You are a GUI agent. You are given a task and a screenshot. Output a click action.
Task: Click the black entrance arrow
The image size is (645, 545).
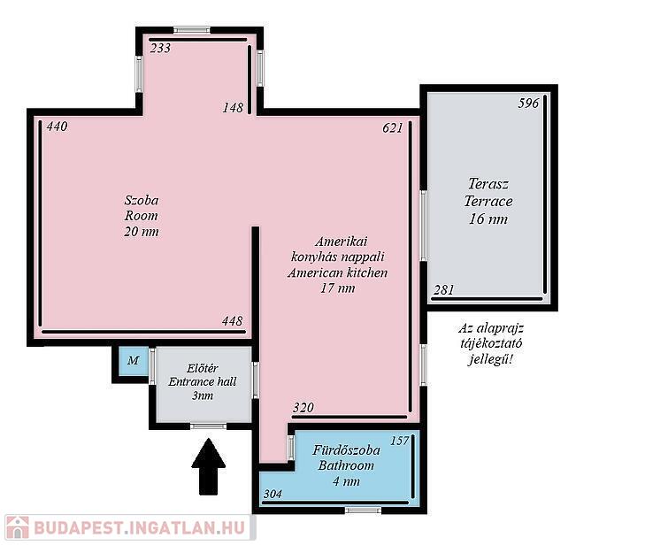pyautogui.click(x=209, y=467)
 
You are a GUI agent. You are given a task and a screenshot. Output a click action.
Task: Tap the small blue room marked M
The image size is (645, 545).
pyautogui.click(x=133, y=361)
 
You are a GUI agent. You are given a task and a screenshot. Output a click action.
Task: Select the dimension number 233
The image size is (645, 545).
pyautogui.click(x=160, y=49)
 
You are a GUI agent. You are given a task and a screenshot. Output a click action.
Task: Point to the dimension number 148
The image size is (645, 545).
pyautogui.click(x=233, y=108)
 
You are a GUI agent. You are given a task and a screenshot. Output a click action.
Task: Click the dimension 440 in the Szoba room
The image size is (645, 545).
pyautogui.click(x=57, y=127)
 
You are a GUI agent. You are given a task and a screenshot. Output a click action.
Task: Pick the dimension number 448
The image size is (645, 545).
pyautogui.click(x=233, y=321)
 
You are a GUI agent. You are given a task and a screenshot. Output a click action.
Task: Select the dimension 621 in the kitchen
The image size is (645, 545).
pyautogui.click(x=393, y=128)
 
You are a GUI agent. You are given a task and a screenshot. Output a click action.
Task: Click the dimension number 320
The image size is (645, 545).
pyautogui.click(x=303, y=408)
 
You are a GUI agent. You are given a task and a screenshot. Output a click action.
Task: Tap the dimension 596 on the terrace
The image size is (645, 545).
pyautogui.click(x=528, y=103)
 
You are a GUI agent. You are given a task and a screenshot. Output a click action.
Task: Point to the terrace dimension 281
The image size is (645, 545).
pyautogui.click(x=444, y=290)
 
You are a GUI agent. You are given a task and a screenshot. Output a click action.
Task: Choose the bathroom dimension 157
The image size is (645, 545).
pyautogui.click(x=399, y=441)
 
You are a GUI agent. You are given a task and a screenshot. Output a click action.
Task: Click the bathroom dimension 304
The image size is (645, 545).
pyautogui.click(x=273, y=494)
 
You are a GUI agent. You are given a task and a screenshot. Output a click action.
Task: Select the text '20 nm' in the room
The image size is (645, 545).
pyautogui.click(x=142, y=232)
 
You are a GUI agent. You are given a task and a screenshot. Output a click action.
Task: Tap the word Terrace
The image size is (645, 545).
pyautogui.click(x=488, y=201)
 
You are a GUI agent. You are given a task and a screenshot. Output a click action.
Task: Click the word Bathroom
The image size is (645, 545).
pyautogui.click(x=346, y=465)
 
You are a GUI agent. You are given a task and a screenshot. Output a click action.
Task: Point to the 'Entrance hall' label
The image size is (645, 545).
pyautogui.click(x=203, y=381)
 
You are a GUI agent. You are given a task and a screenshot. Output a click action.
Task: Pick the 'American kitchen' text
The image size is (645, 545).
pyautogui.click(x=337, y=272)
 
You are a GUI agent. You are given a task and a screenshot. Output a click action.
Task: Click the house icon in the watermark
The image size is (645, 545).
pyautogui.click(x=17, y=527)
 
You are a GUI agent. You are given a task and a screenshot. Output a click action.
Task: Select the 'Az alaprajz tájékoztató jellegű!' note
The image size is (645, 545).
pyautogui.click(x=491, y=344)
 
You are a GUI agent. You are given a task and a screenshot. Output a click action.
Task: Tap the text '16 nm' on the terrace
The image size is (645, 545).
pyautogui.click(x=488, y=219)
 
